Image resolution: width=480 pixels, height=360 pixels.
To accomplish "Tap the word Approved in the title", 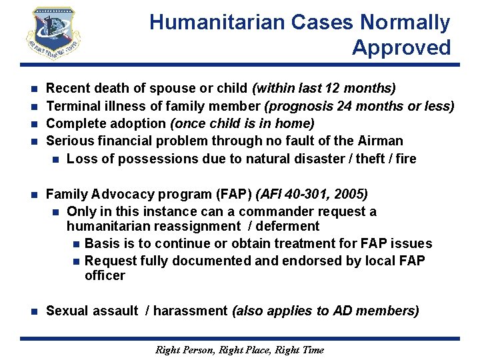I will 401,48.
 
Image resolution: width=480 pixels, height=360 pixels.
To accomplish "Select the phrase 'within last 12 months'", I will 325,89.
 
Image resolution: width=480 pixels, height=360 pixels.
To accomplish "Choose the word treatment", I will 288,243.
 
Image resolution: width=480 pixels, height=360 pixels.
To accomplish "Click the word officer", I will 105,275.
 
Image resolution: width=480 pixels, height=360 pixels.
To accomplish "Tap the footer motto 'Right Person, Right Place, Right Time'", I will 239,350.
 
